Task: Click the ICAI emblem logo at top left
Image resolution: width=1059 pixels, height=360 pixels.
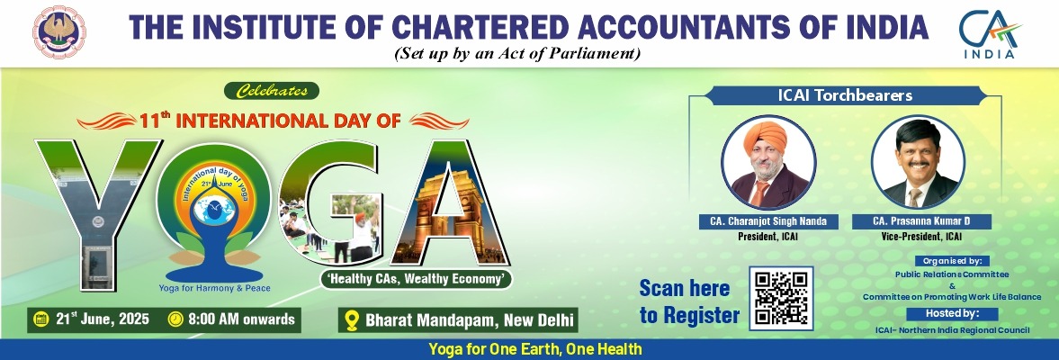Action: point(59,31)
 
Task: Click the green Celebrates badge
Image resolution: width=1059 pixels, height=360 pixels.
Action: point(277,91)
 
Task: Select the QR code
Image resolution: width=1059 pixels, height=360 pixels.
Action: point(781,298)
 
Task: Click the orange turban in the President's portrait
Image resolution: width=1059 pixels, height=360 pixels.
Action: point(765,138)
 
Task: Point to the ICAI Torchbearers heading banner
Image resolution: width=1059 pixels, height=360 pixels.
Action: point(844,96)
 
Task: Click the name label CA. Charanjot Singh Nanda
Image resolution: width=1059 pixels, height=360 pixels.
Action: point(768,221)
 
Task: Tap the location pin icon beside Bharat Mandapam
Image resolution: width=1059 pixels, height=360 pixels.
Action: point(351,320)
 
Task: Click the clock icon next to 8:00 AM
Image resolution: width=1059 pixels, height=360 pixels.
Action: point(175,319)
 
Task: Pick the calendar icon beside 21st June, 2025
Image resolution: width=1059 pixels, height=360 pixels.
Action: point(40,319)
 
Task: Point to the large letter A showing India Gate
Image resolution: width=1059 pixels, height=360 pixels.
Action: point(451,202)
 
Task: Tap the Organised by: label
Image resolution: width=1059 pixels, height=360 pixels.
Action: point(952,261)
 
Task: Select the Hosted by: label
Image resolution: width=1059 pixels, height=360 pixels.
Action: point(952,314)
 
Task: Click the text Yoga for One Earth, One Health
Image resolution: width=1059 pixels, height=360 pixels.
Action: point(535,350)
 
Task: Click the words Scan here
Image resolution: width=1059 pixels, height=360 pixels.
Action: point(685,288)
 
